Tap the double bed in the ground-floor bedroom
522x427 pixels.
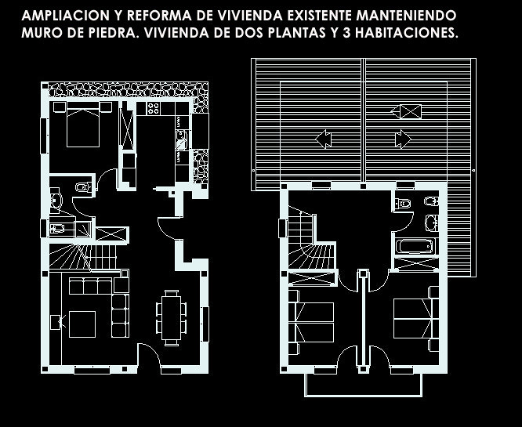pos(82,127)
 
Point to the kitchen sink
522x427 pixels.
pos(182,139)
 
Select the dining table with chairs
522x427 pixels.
pos(170,317)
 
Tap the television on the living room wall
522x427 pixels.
pos(56,320)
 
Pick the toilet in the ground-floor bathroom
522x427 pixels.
pos(82,187)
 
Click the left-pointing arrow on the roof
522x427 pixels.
pos(322,139)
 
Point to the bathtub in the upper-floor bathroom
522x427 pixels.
pos(414,247)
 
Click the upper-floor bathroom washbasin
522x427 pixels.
pos(430,222)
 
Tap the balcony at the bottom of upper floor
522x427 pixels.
pos(363,384)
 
